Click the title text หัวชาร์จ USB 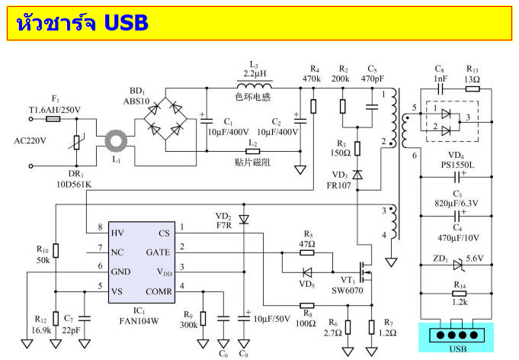[x=82, y=23]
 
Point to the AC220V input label [x=30, y=140]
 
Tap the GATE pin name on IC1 [x=159, y=252]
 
